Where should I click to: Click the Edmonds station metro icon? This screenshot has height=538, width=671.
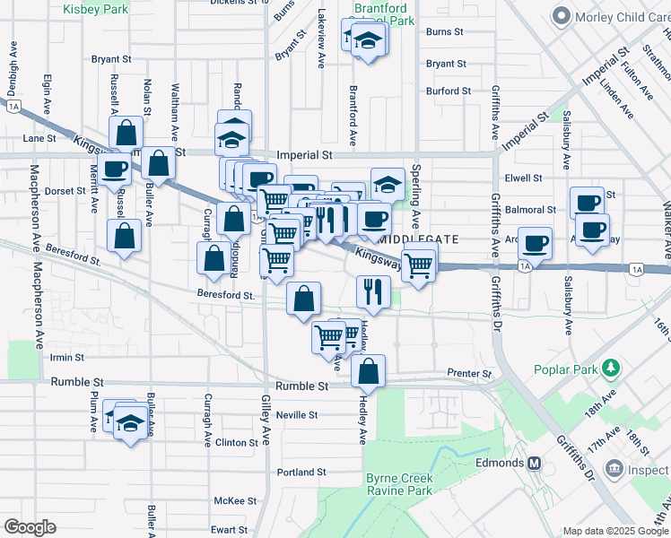pyautogui.click(x=535, y=463)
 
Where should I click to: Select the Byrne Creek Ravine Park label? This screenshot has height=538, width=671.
pyautogui.click(x=399, y=484)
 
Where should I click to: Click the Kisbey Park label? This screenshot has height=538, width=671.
pyautogui.click(x=93, y=8)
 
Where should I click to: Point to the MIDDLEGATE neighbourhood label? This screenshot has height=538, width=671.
pyautogui.click(x=419, y=239)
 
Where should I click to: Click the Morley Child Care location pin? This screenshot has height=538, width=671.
pyautogui.click(x=562, y=16)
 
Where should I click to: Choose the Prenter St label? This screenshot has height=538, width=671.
pyautogui.click(x=470, y=373)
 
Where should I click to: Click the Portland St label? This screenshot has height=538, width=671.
pyautogui.click(x=301, y=472)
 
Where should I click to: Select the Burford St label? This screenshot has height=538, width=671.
pyautogui.click(x=449, y=91)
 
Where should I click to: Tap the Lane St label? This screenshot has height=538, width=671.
pyautogui.click(x=39, y=139)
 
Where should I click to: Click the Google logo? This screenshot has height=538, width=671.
pyautogui.click(x=30, y=527)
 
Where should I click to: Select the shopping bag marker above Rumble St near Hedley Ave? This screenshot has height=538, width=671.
pyautogui.click(x=368, y=369)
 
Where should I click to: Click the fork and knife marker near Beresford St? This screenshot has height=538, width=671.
pyautogui.click(x=372, y=291)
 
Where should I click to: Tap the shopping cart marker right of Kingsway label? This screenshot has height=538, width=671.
pyautogui.click(x=420, y=265)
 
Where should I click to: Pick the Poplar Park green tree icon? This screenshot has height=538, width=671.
pyautogui.click(x=613, y=369)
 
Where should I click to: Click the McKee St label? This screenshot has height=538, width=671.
pyautogui.click(x=236, y=501)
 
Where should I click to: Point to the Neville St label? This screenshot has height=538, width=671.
pyautogui.click(x=297, y=415)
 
